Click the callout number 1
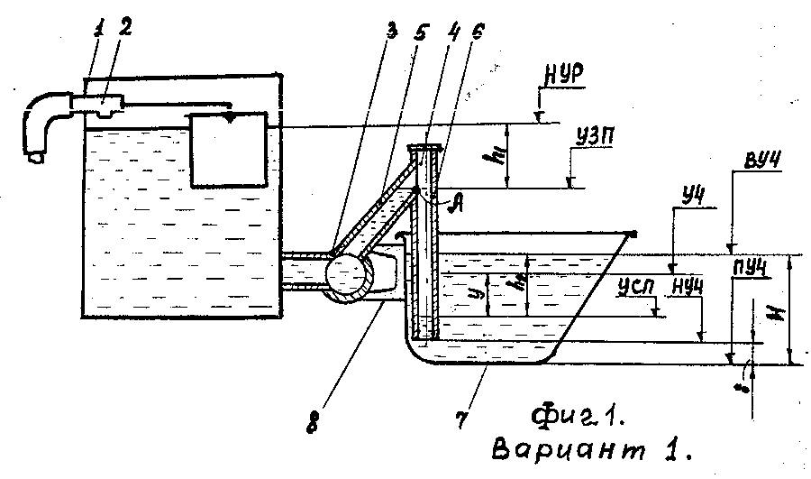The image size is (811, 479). point(97,29)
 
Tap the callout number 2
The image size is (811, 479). point(125,27)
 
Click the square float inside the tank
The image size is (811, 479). point(229,149)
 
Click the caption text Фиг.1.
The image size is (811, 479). point(577,417)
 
